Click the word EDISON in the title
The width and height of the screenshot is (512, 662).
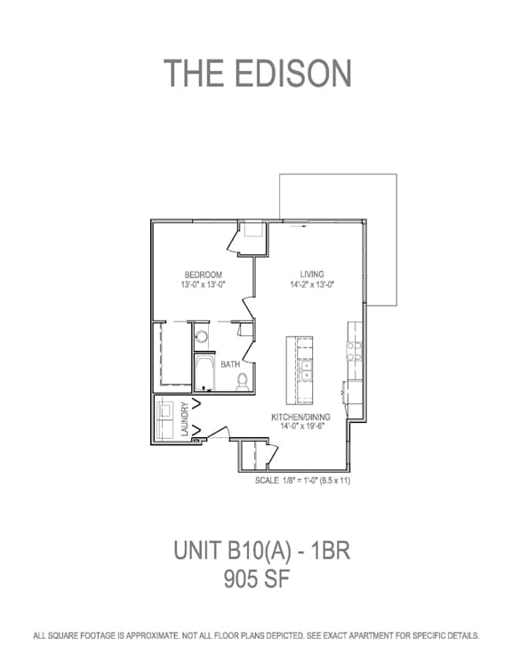click(292, 73)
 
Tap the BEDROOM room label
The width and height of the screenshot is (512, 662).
click(204, 275)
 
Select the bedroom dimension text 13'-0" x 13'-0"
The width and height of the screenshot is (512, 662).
click(204, 284)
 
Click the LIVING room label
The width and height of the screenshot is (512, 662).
click(312, 274)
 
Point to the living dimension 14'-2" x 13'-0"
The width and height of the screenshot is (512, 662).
click(312, 284)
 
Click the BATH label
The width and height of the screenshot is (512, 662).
click(230, 364)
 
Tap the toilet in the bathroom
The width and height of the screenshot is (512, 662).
click(243, 381)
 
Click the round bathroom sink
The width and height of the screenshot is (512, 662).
click(202, 337)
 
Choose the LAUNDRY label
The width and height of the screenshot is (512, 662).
click(185, 419)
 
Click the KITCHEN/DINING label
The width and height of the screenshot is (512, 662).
click(300, 417)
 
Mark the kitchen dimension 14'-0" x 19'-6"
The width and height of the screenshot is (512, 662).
click(301, 426)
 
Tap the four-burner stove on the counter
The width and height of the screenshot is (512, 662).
click(355, 351)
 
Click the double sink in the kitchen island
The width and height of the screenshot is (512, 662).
click(305, 371)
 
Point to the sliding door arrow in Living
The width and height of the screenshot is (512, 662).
click(298, 227)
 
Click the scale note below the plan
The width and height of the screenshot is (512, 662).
click(303, 481)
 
